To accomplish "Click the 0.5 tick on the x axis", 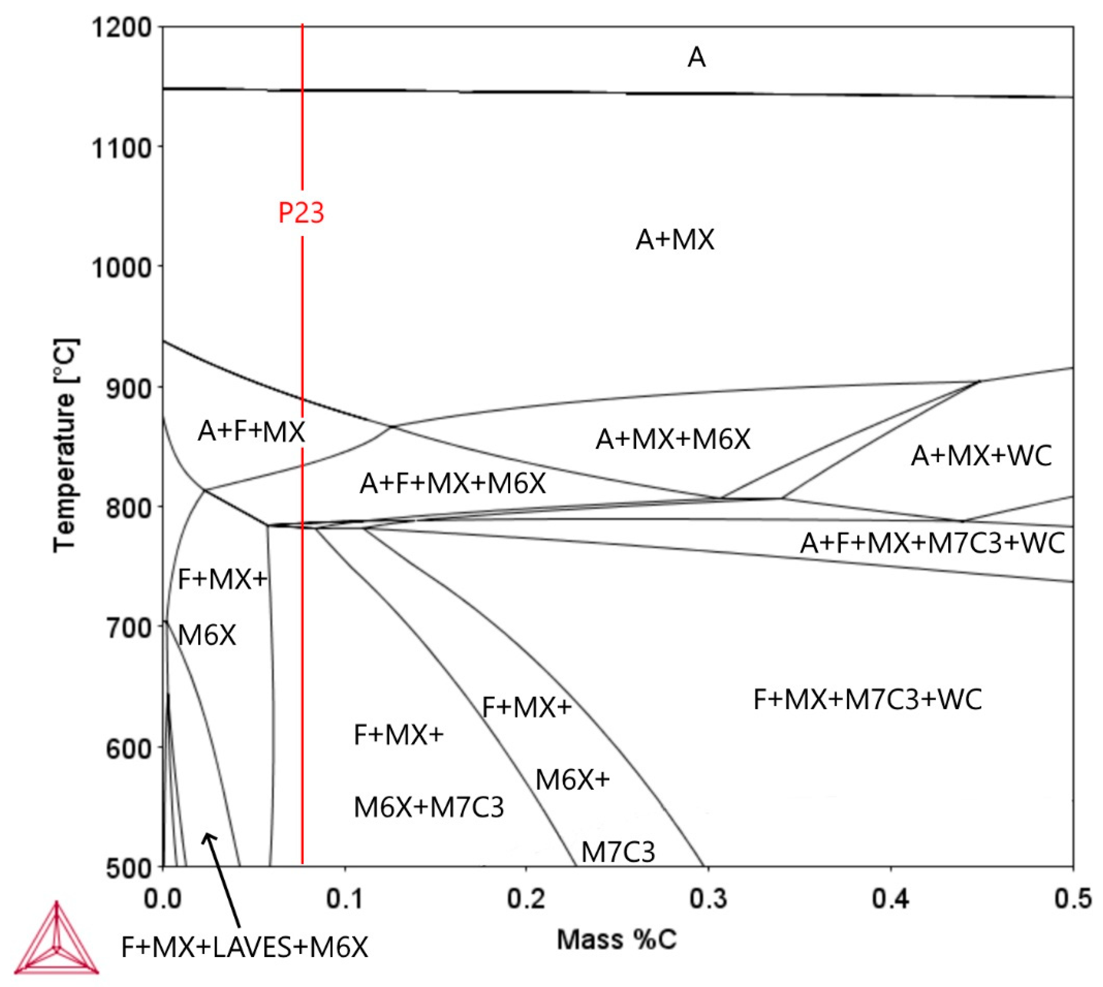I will click(1072, 899).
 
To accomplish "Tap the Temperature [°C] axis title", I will click(66, 445).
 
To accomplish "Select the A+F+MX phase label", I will click(251, 432).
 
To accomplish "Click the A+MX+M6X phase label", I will click(673, 439).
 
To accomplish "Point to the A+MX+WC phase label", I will click(981, 456).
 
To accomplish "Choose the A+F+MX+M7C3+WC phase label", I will click(932, 543).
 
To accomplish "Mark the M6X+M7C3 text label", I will click(428, 807).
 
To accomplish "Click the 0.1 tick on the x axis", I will click(345, 899).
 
